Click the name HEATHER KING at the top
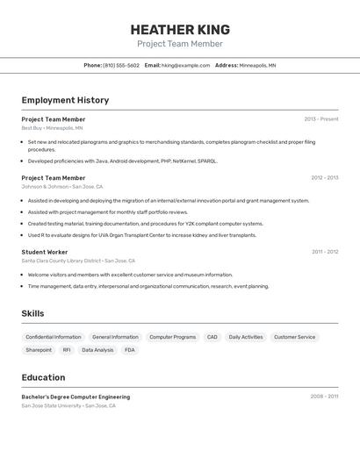point(180,29)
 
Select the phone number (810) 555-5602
point(121,65)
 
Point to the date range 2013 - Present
point(321,119)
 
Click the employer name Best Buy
point(31,128)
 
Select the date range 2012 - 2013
point(324,178)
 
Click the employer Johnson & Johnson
point(45,187)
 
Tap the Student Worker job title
point(45,252)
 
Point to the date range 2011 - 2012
point(325,252)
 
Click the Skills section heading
point(32,313)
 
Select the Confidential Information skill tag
point(54,337)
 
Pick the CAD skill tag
point(212,337)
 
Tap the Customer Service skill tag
point(294,337)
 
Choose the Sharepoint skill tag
point(39,350)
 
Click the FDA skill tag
point(130,350)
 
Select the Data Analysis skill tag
point(97,350)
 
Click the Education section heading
point(43,377)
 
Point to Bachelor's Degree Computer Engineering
point(76,397)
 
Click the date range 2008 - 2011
point(324,397)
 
